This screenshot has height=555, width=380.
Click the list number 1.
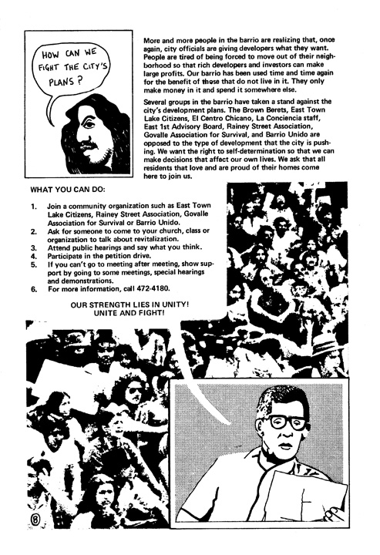[33, 207]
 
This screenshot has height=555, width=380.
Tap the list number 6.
[33, 290]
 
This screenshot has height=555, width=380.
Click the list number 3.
[33, 247]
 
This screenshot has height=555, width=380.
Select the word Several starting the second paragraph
[159, 102]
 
